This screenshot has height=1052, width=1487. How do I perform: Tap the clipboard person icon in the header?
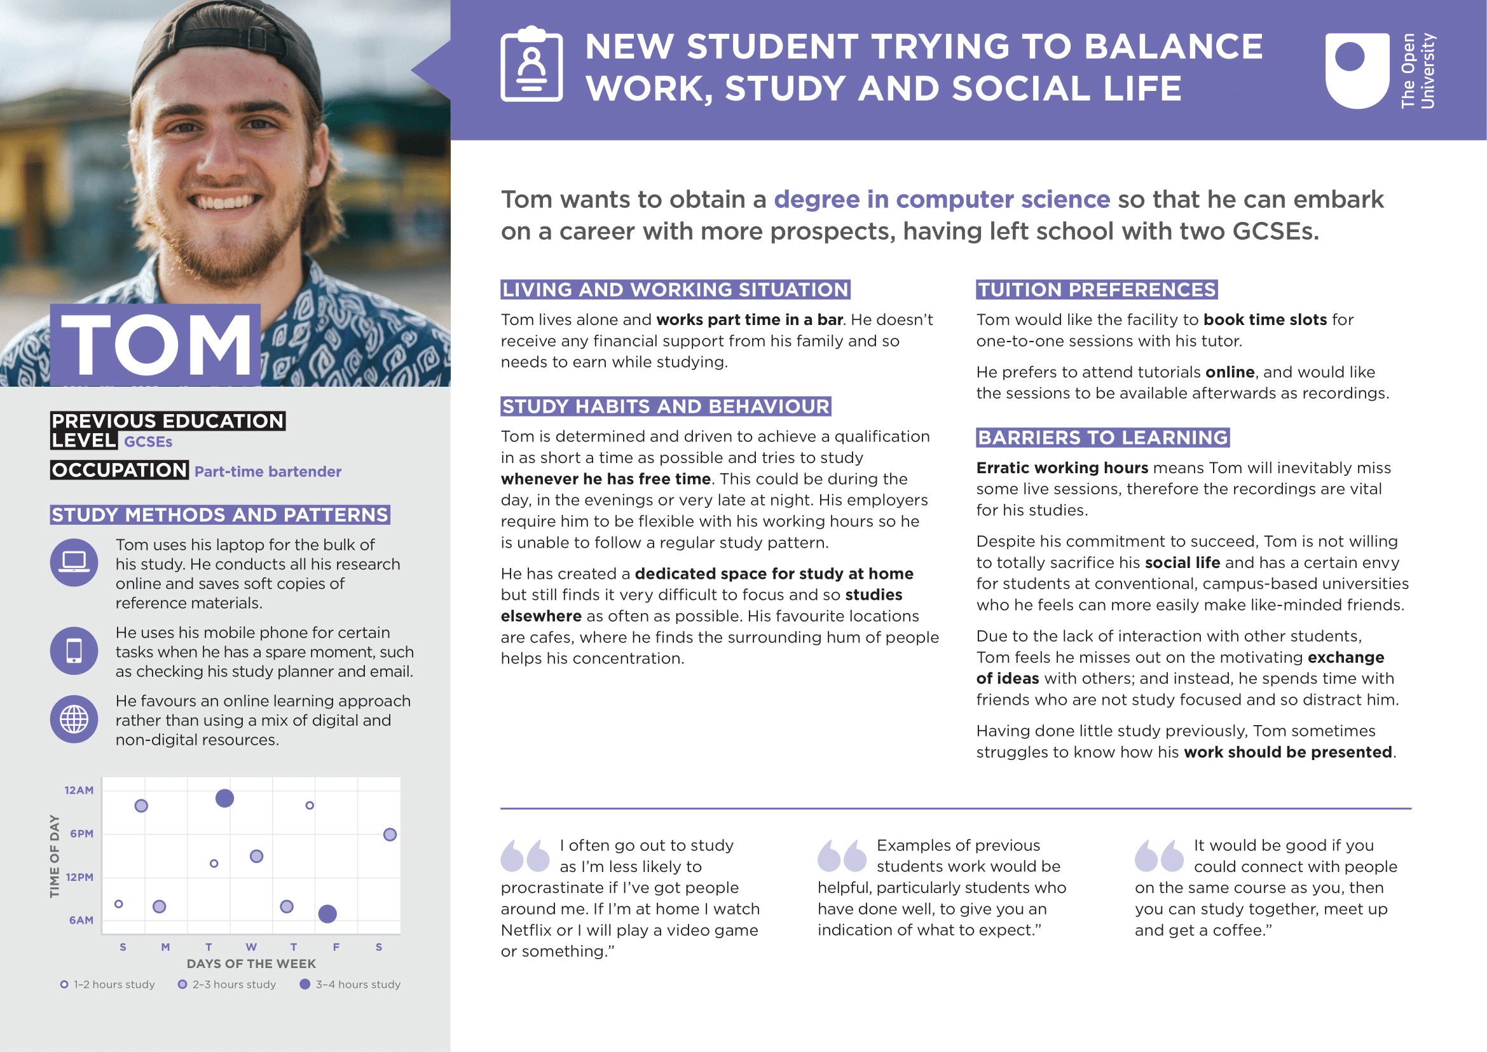click(531, 65)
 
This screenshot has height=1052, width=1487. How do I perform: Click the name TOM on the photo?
click(156, 345)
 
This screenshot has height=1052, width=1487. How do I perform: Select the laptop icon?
click(74, 562)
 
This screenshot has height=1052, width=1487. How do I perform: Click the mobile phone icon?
click(74, 651)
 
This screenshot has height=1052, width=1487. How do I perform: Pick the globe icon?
click(74, 719)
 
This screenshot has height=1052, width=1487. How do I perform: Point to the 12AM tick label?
click(79, 791)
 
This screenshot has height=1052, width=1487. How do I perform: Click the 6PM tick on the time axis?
click(81, 834)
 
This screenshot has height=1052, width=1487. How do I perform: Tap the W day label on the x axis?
click(251, 947)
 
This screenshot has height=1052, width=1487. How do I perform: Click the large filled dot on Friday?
click(327, 914)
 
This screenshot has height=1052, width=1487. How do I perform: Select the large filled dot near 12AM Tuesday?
click(224, 799)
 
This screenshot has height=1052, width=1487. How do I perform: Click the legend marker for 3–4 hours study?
click(305, 985)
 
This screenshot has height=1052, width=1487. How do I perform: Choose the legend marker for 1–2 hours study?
click(64, 985)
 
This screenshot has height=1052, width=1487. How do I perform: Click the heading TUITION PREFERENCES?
click(1097, 289)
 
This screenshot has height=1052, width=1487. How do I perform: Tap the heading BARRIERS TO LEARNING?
click(1102, 438)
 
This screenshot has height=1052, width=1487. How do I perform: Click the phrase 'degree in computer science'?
click(942, 200)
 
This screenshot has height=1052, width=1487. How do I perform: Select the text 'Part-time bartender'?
click(268, 471)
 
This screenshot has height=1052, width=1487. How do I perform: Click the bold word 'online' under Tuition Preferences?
click(1230, 372)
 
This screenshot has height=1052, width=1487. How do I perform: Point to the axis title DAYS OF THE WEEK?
click(251, 964)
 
